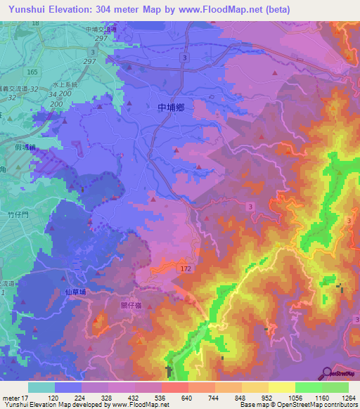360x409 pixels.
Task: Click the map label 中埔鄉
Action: click(x=172, y=108)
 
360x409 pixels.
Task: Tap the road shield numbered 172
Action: click(x=186, y=269)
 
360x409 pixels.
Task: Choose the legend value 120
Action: click(x=53, y=397)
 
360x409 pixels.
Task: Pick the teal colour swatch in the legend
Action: click(x=41, y=387)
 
